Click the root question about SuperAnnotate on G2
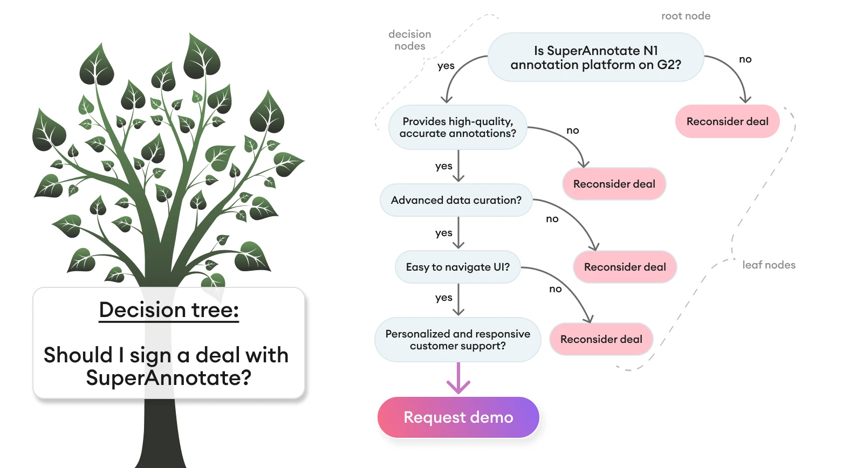pos(595,58)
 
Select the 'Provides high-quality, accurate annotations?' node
pos(457,127)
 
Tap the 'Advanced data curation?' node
pos(456,200)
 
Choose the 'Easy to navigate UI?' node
pos(457,267)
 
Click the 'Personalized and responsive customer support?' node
pos(457,340)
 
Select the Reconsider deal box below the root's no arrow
pos(727,121)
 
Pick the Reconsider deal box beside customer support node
pos(601,339)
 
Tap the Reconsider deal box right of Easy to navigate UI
pos(625,267)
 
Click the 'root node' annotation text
pos(686,16)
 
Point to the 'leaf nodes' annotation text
pos(769,265)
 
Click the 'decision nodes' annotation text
pos(410,40)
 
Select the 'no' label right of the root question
pos(745,59)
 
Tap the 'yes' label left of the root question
pos(446,66)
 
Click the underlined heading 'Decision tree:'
pos(169,310)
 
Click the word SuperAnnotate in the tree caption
pos(168,377)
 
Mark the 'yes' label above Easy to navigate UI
pos(443,233)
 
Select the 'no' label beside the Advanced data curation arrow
pos(552,219)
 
